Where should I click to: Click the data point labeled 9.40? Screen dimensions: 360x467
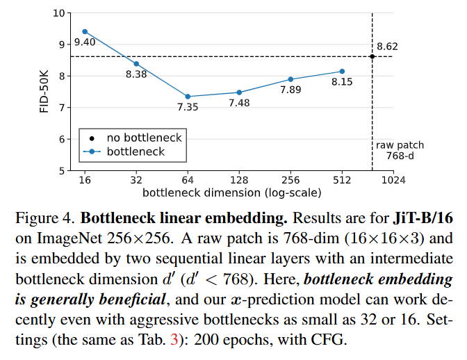(x=85, y=31)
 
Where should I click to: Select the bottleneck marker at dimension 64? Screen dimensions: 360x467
(x=188, y=97)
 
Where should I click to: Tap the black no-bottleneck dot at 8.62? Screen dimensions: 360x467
(x=372, y=56)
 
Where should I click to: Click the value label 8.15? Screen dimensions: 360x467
(x=342, y=82)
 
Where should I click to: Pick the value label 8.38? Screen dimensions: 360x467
(x=136, y=75)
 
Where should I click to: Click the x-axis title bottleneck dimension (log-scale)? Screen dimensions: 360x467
(x=231, y=192)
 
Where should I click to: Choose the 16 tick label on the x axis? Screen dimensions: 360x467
(x=85, y=180)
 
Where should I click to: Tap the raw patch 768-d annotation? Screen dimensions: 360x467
(x=400, y=150)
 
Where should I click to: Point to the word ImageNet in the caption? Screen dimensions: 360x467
(x=72, y=238)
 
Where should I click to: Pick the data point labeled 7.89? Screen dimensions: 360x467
(x=290, y=79)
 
